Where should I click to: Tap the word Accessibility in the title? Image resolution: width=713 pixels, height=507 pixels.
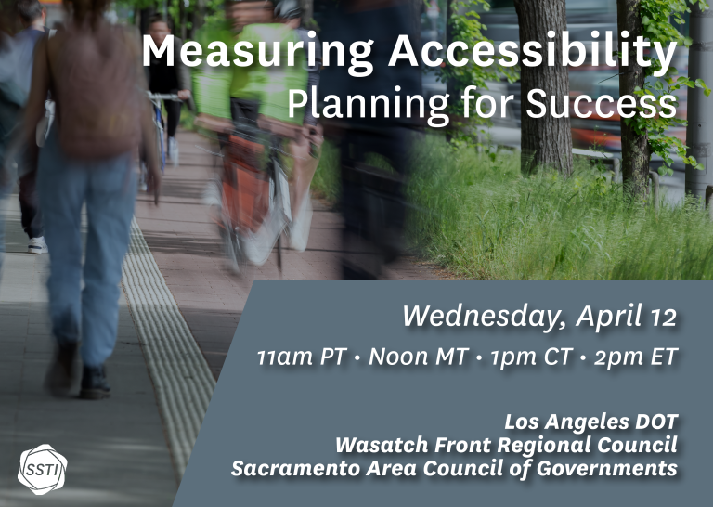coord(533,51)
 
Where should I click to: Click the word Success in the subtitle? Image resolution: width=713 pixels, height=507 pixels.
coord(602,103)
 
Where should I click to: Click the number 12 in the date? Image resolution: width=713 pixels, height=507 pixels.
coord(663,318)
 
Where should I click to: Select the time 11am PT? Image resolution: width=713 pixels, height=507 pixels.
coord(302,357)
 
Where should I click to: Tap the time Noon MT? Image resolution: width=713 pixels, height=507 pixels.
coord(418,357)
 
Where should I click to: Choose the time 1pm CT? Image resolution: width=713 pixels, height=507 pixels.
coord(530,357)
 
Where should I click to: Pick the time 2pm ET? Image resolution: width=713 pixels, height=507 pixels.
coord(636,357)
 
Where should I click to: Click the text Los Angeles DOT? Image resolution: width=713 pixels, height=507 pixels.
coord(591,422)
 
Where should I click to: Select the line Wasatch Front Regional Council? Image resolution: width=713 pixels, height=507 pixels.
coord(507,445)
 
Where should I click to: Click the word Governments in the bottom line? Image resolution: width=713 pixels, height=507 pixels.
coord(606,468)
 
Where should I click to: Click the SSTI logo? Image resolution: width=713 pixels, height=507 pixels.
coord(42,469)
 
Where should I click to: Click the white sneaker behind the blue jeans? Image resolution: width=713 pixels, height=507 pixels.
coord(37,244)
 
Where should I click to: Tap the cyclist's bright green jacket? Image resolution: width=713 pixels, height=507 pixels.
coord(249,72)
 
